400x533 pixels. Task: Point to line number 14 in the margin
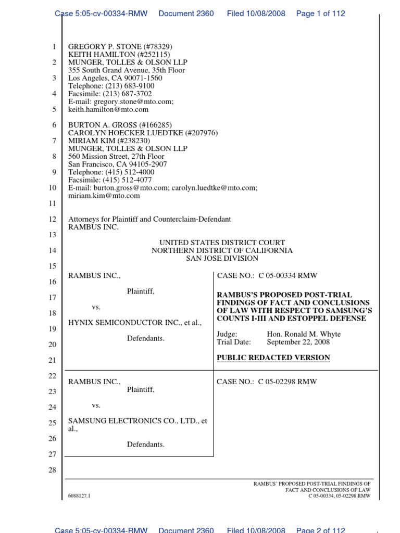(x=52, y=250)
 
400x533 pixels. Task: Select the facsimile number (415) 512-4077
(x=128, y=180)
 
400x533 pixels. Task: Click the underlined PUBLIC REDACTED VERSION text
(x=273, y=358)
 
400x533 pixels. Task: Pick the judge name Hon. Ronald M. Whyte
(x=304, y=334)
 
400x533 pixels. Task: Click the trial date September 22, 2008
(x=298, y=342)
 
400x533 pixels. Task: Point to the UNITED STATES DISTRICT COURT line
(x=222, y=243)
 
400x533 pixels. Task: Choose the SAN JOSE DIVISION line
(x=222, y=258)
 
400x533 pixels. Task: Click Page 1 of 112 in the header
(x=320, y=14)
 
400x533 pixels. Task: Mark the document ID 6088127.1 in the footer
(x=79, y=496)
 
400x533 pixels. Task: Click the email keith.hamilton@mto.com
(x=108, y=109)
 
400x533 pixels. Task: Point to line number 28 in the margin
(x=52, y=471)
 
